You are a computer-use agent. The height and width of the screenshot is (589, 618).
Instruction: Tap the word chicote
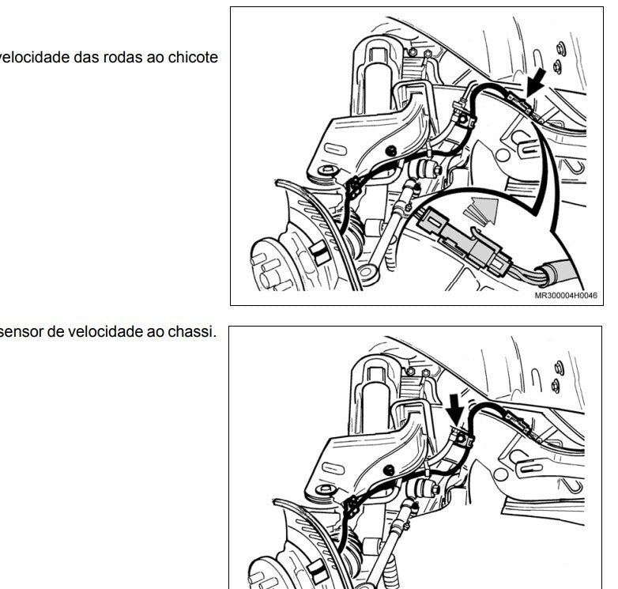pos(193,58)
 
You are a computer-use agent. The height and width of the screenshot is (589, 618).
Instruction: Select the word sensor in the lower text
pos(21,331)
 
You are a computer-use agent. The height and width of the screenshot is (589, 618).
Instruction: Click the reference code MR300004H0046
pos(566,295)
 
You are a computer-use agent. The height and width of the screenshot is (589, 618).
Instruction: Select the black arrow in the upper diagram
pos(536,82)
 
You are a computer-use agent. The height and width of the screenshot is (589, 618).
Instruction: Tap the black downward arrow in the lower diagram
pos(455,410)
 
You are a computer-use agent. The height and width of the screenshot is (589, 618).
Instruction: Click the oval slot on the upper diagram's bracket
pos(335,149)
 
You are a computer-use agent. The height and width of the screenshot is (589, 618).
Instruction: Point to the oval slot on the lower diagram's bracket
pos(333,468)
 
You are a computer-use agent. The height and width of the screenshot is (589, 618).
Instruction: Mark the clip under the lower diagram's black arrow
pos(462,438)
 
